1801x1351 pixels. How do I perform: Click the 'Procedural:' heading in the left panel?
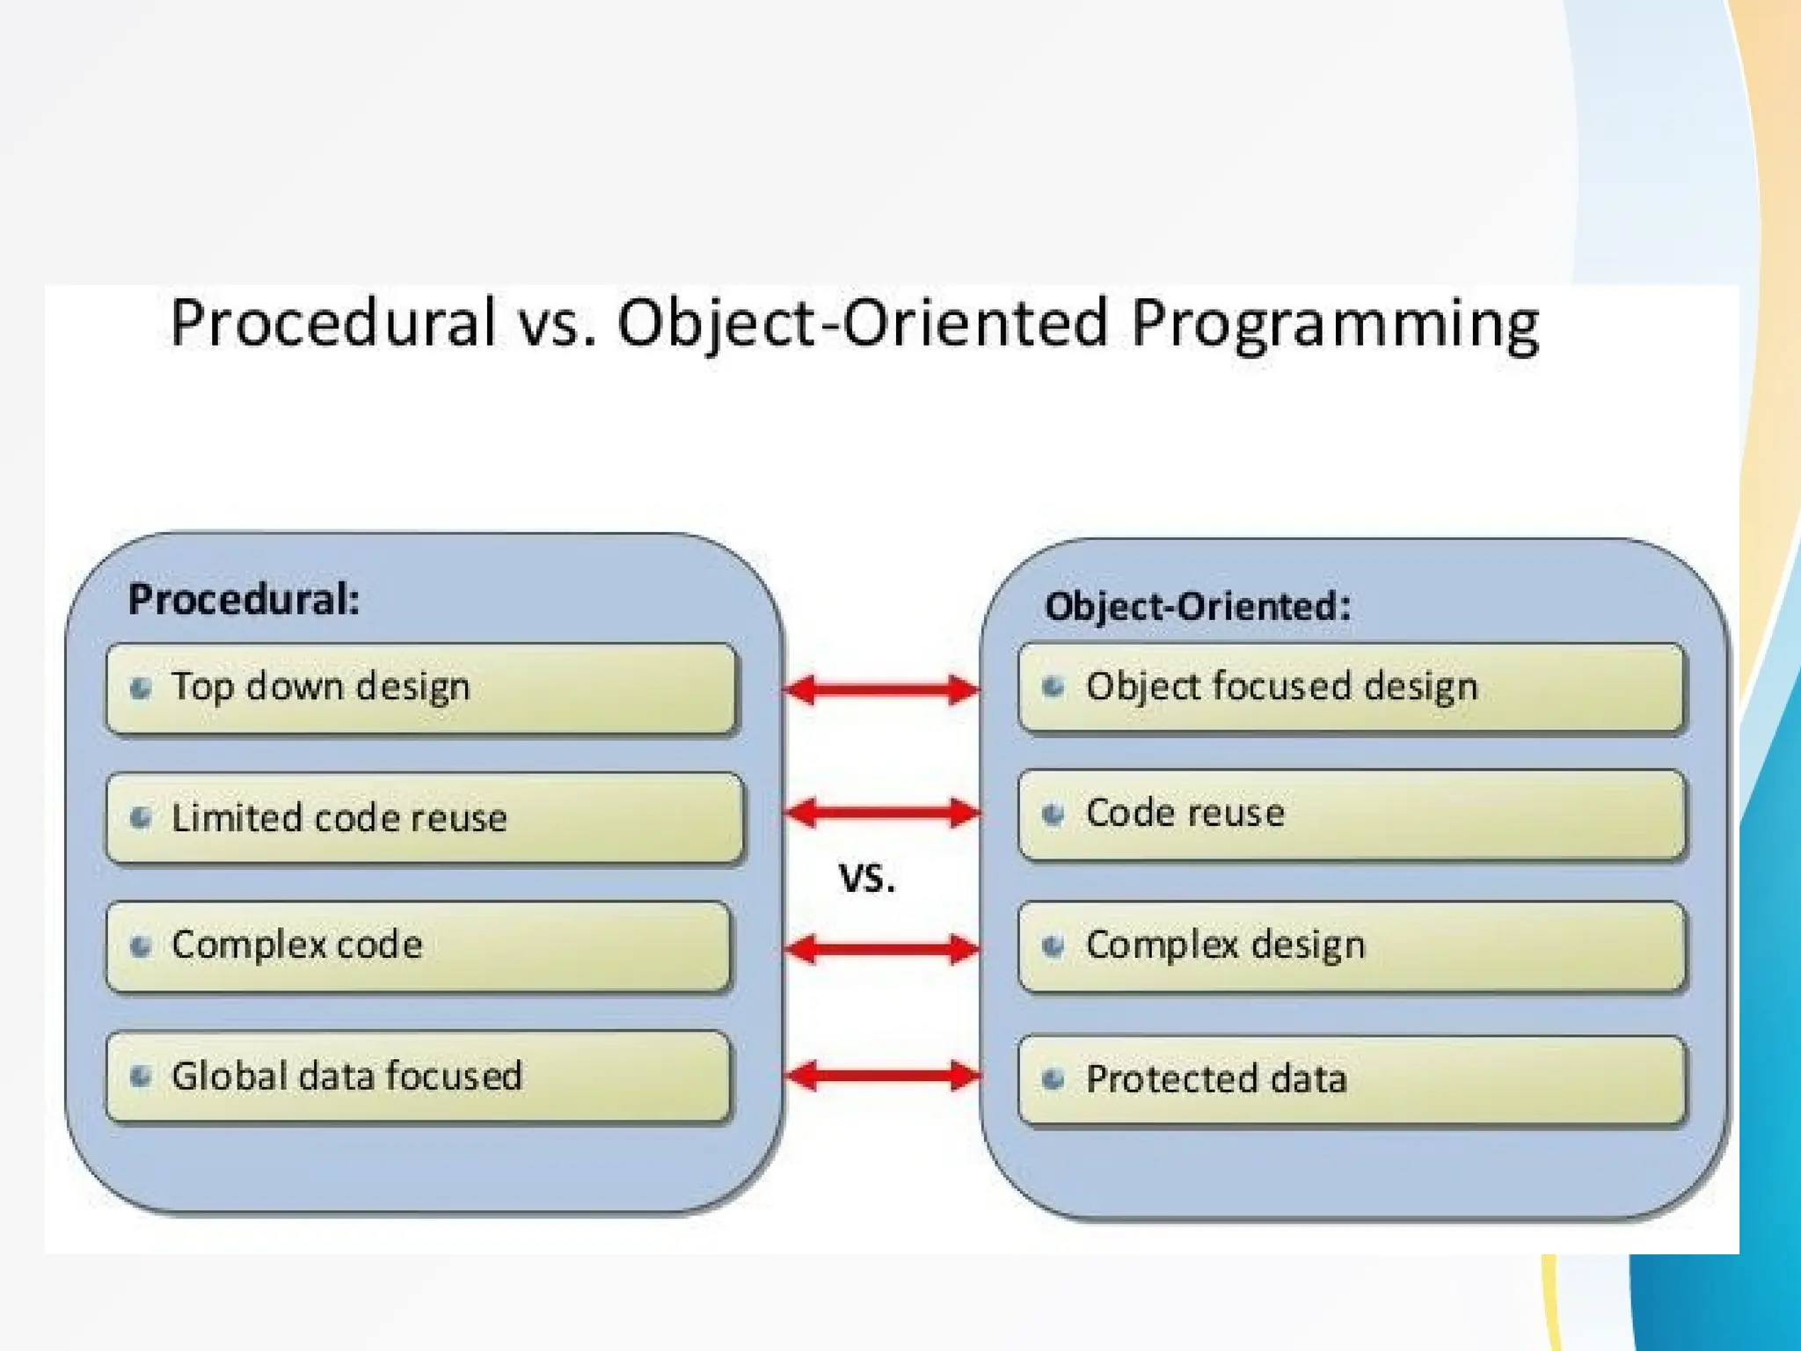[244, 601]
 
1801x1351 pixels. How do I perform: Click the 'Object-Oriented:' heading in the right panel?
[1197, 607]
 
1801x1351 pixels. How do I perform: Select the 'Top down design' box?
[420, 689]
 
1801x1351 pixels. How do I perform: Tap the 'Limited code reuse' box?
[424, 818]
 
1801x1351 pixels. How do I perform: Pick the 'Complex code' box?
[419, 946]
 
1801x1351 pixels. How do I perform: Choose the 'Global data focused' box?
[419, 1077]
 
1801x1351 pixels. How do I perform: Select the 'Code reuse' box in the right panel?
[1351, 814]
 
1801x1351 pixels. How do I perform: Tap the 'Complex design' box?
[1351, 946]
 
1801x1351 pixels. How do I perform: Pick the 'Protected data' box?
[1351, 1080]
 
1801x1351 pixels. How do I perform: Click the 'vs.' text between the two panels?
[867, 878]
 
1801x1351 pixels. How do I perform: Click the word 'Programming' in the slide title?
[1335, 324]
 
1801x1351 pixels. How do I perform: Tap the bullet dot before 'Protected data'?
[1053, 1079]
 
